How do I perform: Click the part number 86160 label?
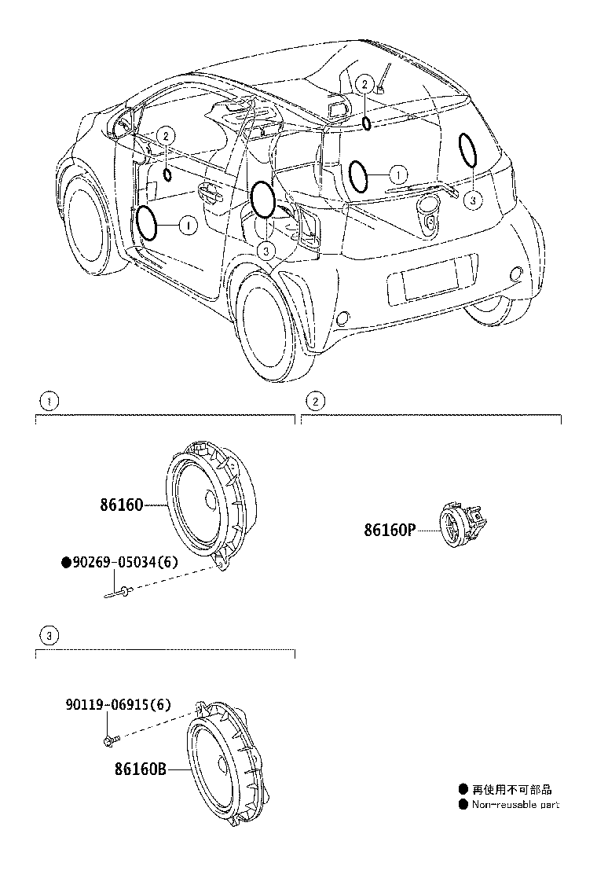(121, 505)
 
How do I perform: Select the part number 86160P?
(388, 530)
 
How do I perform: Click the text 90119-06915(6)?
(118, 706)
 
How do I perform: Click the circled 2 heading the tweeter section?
(314, 402)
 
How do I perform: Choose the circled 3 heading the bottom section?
(49, 634)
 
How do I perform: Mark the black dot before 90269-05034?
(67, 562)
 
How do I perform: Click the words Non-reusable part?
(515, 804)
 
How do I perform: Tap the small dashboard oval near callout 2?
(167, 173)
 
